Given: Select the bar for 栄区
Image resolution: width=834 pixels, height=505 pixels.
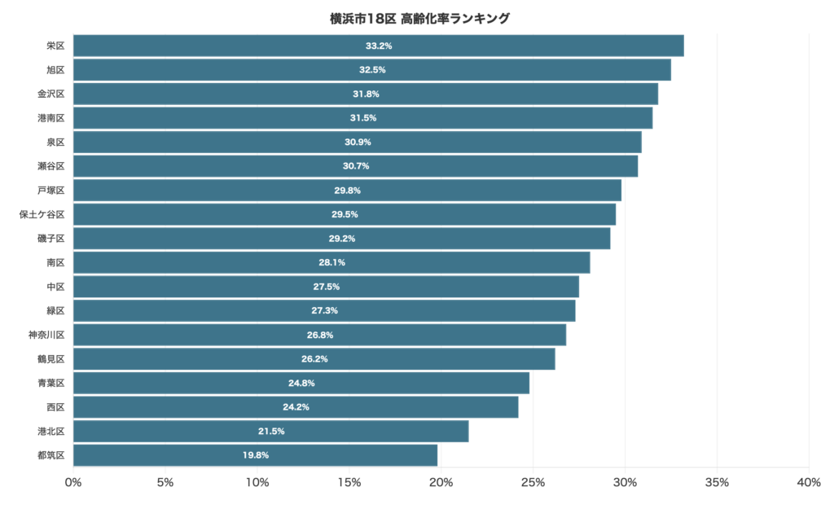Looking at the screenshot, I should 378,46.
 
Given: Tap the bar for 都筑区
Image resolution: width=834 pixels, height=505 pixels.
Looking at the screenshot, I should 255,455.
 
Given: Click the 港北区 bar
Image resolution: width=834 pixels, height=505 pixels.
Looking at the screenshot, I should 270,431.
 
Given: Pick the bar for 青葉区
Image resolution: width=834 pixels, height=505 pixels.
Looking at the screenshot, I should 301,383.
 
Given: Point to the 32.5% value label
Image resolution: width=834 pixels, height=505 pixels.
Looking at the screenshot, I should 372,70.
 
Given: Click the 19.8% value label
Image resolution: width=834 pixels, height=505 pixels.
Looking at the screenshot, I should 255,455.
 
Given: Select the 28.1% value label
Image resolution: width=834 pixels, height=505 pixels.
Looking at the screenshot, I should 331,262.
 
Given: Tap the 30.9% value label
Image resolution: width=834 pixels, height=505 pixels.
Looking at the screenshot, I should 358,142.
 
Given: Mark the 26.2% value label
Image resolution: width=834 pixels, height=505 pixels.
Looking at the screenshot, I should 314,358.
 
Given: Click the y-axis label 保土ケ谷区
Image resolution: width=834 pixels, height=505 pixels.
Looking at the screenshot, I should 42,214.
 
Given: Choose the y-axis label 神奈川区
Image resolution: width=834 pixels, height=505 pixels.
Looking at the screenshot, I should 46,335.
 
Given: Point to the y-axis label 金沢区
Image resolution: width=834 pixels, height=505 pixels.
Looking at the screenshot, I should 50,94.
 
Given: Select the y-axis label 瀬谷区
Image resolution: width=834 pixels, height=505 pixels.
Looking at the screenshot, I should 50,166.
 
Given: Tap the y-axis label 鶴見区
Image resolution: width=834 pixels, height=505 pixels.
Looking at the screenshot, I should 50,358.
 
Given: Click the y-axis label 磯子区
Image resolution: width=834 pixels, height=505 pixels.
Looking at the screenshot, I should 50,239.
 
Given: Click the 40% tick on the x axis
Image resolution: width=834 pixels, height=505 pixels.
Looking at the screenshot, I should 809,483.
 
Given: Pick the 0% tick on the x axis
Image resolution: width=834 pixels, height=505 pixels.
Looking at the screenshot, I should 73,483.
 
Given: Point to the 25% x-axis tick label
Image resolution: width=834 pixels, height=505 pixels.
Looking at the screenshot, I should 533,483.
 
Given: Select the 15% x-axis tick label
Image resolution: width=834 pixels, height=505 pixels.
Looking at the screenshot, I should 349,483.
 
